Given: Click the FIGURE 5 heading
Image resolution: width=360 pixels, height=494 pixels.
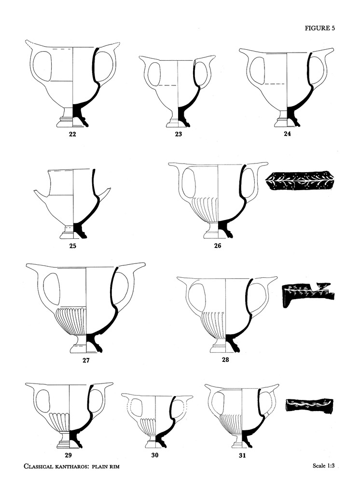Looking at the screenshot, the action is point(319,28).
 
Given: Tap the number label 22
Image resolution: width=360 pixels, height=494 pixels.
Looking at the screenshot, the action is point(72,134).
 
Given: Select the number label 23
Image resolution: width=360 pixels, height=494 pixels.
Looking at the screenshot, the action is point(179,134).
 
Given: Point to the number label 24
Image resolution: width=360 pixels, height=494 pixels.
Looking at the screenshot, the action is point(287,133).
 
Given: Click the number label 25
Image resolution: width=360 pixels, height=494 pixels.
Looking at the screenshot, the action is point(73,246).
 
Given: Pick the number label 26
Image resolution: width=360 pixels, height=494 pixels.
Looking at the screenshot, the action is point(218,246).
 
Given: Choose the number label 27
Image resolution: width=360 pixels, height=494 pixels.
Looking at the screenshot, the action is point(86,360).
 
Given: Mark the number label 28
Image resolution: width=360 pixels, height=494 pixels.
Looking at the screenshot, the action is point(225,359).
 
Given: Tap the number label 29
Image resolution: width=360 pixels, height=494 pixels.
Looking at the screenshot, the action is point(68,455).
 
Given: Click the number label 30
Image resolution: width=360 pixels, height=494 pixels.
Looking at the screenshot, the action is point(155,455).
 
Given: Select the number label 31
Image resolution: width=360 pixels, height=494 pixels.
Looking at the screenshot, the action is point(242,455).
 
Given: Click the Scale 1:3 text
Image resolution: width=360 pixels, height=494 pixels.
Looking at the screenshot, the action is point(323,466).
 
